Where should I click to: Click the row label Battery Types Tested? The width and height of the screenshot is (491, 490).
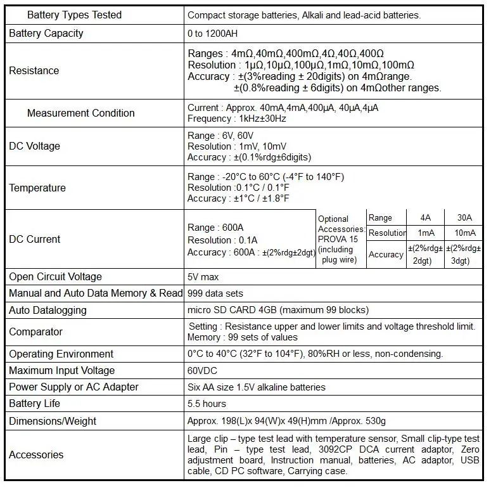(x=74, y=15)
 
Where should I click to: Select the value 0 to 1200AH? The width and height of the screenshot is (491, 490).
(x=213, y=34)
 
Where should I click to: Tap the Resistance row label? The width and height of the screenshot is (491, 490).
(x=34, y=70)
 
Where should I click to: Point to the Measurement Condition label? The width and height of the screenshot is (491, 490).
(x=80, y=113)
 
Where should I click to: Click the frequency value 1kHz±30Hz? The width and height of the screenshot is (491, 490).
(x=237, y=119)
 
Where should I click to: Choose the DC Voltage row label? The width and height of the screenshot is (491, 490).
(x=34, y=146)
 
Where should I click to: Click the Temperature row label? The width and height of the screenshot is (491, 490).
(x=37, y=188)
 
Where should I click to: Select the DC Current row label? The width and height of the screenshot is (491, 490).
(x=34, y=239)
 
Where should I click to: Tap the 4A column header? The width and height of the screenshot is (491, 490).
(x=424, y=217)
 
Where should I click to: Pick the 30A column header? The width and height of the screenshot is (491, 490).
(x=464, y=217)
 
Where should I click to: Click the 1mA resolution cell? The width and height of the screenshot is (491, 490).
(x=424, y=233)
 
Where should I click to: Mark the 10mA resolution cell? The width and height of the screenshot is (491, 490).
(x=464, y=233)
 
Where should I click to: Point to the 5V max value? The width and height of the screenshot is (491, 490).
(x=203, y=277)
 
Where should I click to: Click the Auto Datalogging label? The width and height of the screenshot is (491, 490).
(x=48, y=310)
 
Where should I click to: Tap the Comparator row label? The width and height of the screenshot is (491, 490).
(x=35, y=332)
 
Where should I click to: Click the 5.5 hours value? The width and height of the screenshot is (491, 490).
(x=207, y=403)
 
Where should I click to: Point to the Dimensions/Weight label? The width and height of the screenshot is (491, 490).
(x=53, y=421)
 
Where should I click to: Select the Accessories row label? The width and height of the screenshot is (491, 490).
(x=36, y=455)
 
